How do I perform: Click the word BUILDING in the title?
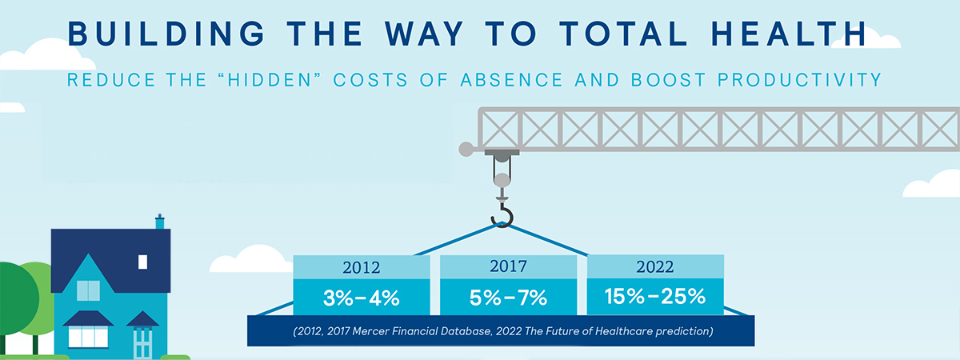click(166, 34)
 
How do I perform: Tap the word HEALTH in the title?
click(789, 34)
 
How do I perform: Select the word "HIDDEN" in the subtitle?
click(270, 80)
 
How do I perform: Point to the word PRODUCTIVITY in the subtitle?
click(799, 80)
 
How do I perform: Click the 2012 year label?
click(362, 268)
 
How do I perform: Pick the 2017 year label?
click(508, 266)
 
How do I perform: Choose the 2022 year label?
click(655, 267)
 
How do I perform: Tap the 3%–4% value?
click(362, 298)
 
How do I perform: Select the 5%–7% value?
click(508, 298)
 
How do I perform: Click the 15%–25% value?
click(655, 296)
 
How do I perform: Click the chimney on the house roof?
click(160, 222)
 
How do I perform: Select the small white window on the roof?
click(142, 262)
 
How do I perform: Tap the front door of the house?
click(142, 342)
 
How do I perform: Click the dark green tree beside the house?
click(17, 300)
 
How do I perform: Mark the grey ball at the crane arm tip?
click(466, 150)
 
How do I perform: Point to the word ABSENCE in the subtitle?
click(511, 80)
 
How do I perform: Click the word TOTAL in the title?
click(623, 34)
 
